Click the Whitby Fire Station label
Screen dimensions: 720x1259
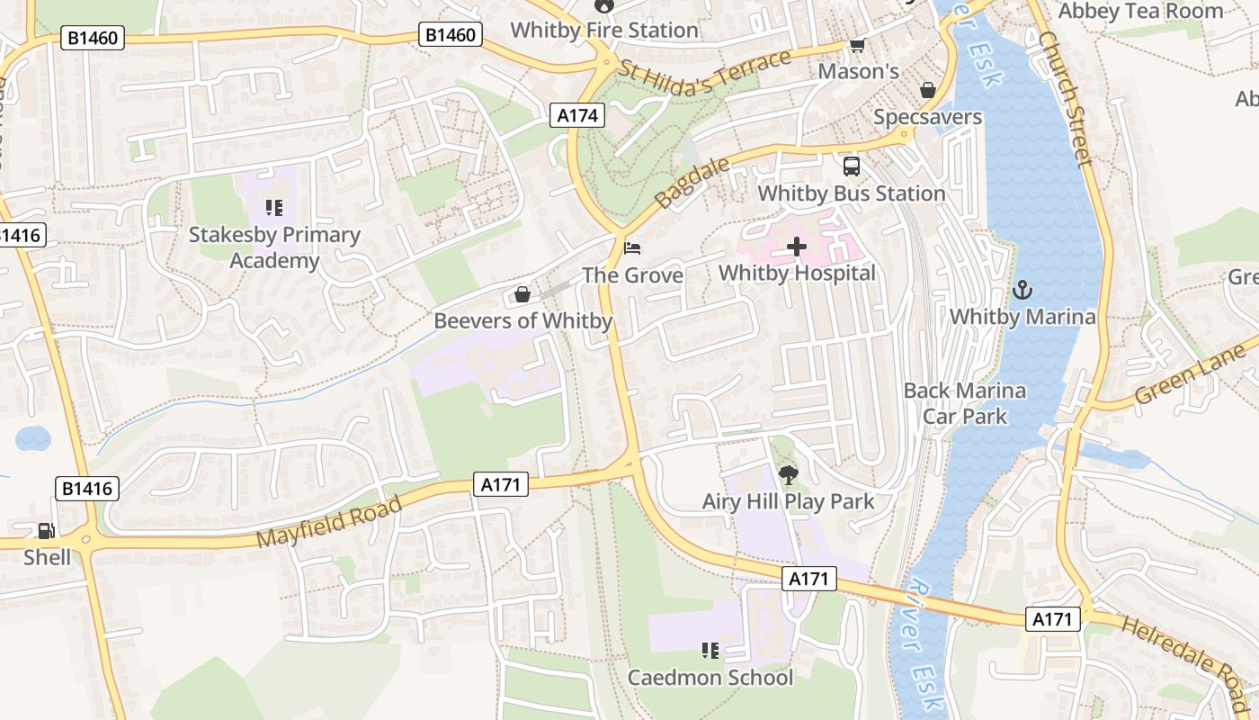[604, 30]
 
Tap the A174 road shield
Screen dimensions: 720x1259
[576, 115]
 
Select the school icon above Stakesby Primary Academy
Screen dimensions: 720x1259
[274, 209]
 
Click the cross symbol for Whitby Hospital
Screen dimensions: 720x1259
[797, 247]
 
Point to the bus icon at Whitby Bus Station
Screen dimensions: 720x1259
[851, 166]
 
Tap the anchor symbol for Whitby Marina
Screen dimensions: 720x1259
[1022, 290]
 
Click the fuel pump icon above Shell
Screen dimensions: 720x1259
[45, 532]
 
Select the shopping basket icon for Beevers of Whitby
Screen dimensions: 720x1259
[522, 294]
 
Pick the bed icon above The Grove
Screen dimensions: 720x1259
[633, 247]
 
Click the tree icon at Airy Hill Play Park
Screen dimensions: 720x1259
[788, 474]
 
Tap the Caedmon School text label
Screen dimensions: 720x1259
[710, 677]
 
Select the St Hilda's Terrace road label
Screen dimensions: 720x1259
[705, 72]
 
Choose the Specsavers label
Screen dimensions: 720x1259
[928, 117]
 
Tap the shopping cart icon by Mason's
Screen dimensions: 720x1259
[857, 45]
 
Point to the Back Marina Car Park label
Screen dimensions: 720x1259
[964, 403]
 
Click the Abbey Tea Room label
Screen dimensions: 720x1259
[1140, 11]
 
